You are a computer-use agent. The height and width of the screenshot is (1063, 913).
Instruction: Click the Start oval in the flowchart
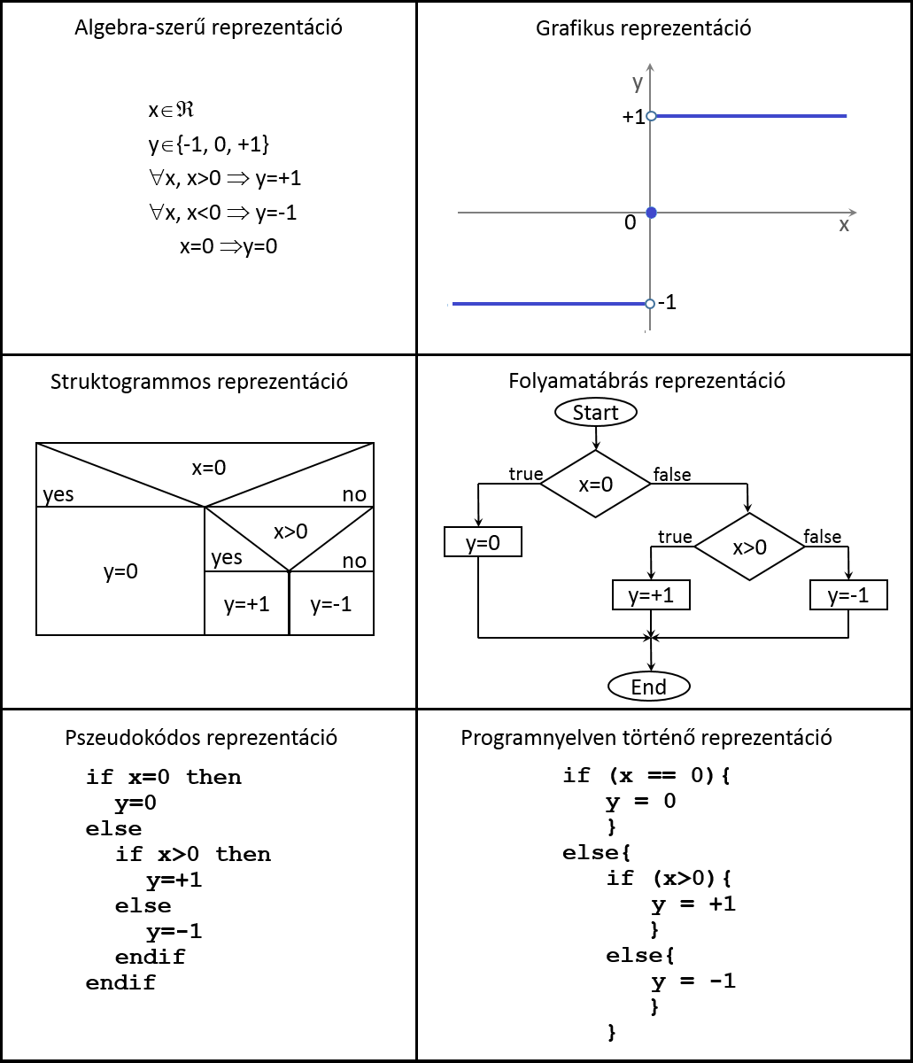(x=595, y=412)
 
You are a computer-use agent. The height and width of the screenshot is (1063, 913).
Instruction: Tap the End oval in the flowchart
(x=649, y=687)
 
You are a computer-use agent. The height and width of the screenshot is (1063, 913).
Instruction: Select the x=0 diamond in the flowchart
(x=595, y=484)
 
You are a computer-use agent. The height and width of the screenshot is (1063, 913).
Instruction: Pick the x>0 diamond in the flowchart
(x=749, y=547)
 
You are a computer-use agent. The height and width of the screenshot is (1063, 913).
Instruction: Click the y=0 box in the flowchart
(x=483, y=542)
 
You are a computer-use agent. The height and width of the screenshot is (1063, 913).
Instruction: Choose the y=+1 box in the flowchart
(x=651, y=595)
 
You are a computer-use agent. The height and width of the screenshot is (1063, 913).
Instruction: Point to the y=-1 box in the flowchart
(x=848, y=595)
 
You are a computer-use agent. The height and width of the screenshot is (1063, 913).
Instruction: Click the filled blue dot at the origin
(x=651, y=213)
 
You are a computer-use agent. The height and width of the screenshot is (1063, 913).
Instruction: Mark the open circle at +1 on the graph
(x=651, y=116)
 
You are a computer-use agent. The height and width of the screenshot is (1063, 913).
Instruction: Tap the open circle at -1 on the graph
(x=650, y=304)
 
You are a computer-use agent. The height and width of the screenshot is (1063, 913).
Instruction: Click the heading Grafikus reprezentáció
(x=644, y=28)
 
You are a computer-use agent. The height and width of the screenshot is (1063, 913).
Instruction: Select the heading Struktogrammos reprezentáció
(x=199, y=383)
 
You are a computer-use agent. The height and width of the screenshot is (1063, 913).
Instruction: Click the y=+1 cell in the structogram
(x=247, y=604)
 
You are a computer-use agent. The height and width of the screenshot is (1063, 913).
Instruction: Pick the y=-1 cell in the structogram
(x=331, y=604)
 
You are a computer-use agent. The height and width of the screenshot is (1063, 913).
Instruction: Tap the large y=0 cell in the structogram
(x=120, y=571)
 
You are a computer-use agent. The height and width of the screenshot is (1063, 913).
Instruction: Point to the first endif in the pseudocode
(x=151, y=957)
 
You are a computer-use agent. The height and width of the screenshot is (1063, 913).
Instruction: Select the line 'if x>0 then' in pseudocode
(x=193, y=854)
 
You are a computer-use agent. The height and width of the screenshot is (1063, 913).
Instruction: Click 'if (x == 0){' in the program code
(x=646, y=776)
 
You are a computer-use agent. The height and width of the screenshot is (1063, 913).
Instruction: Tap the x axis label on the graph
(x=844, y=225)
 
